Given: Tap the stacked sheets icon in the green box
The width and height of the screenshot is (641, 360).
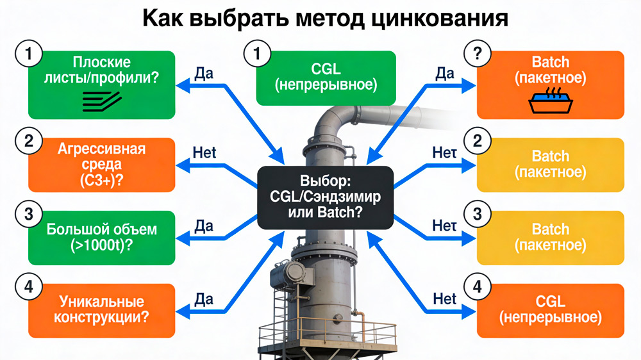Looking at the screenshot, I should coord(102,98).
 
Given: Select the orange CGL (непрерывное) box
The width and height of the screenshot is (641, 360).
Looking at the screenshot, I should coord(550,309).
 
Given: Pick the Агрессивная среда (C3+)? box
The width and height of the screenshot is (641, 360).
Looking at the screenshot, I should coord(102,165).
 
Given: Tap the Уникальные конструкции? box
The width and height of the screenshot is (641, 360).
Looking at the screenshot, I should coord(102,309).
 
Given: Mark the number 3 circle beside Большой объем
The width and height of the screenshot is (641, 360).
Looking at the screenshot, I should coord(29,214).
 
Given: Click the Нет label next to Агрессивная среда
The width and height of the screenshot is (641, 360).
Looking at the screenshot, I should coord(204,154).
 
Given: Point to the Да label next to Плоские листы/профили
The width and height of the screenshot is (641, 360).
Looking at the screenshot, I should coord(203,73).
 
